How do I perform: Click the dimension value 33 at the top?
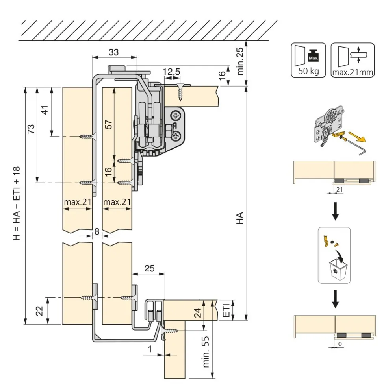click(x=113, y=52)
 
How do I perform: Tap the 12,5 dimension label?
click(x=172, y=72)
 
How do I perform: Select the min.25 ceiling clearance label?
click(x=240, y=61)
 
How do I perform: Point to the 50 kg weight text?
click(x=308, y=71)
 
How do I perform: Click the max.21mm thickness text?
click(x=353, y=73)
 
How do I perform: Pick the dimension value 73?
click(x=31, y=129)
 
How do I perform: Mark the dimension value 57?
click(x=109, y=124)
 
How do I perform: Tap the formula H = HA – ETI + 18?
click(x=17, y=203)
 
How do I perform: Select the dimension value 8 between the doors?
click(x=97, y=231)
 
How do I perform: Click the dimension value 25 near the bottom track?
click(x=149, y=268)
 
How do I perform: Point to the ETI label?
click(x=226, y=310)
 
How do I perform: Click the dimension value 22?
click(x=39, y=311)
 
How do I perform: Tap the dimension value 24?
click(x=198, y=313)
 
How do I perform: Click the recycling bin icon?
click(x=338, y=269)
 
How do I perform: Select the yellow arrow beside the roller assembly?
click(x=357, y=137)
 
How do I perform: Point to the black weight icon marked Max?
click(x=313, y=55)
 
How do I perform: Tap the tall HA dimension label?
click(x=240, y=218)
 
